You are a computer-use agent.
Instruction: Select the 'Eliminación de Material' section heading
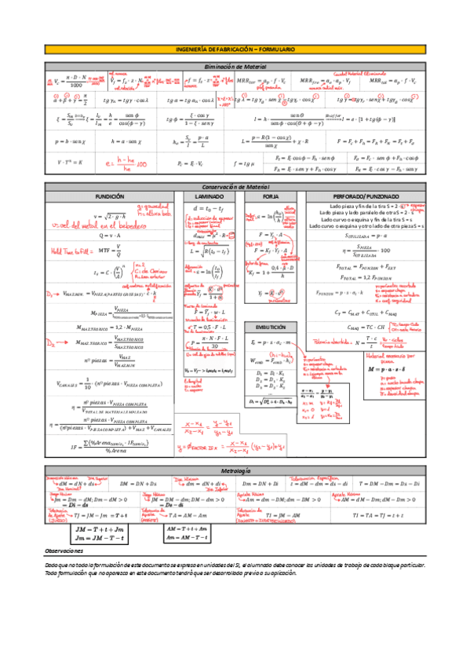[235, 68]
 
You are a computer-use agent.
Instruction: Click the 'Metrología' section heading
[235, 470]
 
